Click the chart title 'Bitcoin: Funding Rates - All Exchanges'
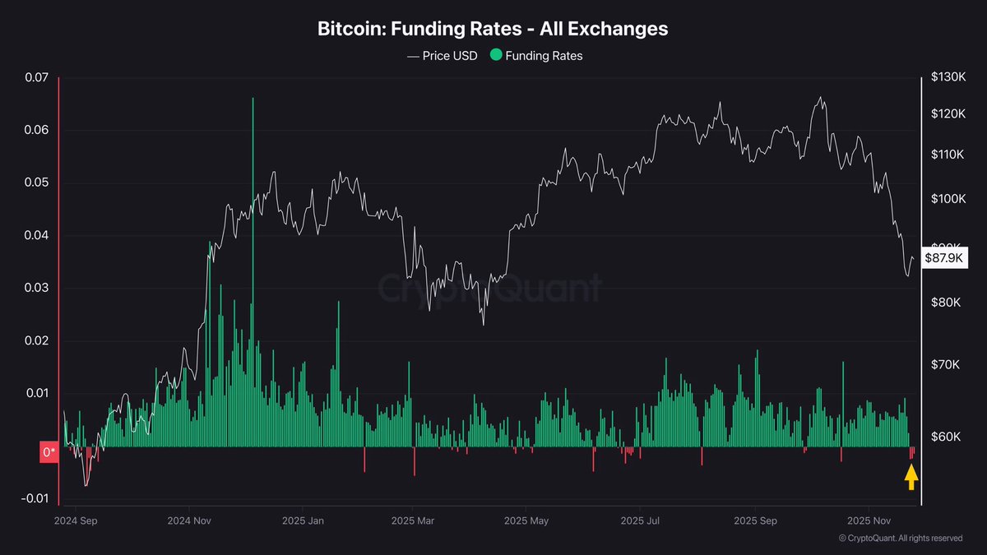pos(493,29)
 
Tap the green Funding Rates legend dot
pos(495,56)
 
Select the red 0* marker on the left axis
pos(49,451)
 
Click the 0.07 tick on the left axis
pos(37,78)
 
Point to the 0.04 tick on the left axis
pos(37,236)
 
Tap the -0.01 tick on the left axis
pos(35,498)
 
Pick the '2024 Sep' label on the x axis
pos(75,521)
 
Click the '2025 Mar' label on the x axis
pos(413,521)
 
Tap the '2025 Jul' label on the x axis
pos(642,521)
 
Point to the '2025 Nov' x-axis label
pos(870,521)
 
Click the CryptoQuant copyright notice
pos(900,539)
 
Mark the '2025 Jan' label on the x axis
pos(304,521)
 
